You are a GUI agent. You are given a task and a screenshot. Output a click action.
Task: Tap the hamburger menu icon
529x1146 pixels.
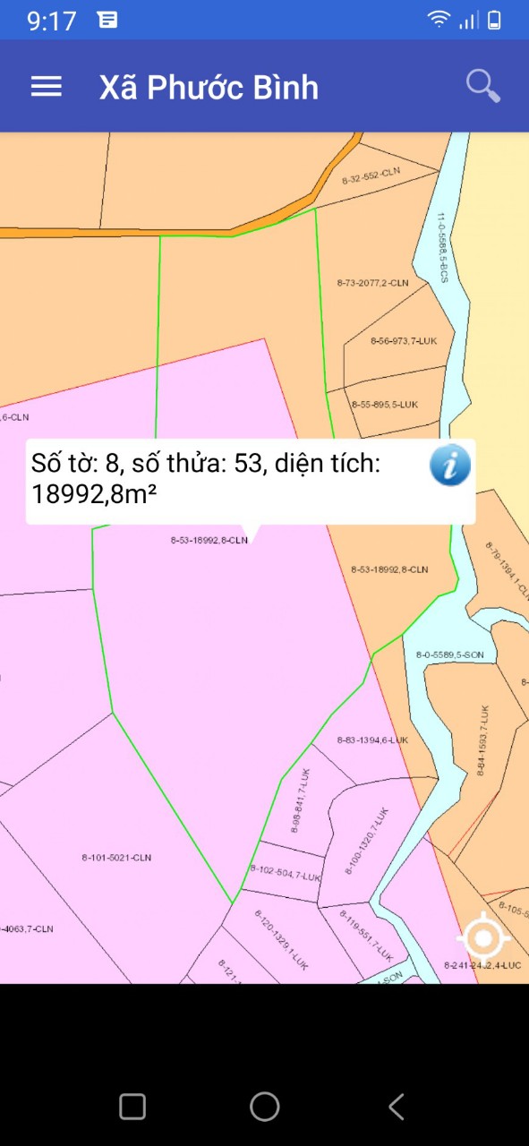[47, 86]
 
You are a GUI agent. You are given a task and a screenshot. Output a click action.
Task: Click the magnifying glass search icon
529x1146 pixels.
[482, 86]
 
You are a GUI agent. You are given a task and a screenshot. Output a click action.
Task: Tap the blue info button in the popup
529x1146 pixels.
[449, 466]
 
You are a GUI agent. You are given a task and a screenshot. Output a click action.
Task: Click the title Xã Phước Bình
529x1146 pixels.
[209, 88]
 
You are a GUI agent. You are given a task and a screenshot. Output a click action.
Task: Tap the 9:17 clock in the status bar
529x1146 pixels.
[52, 21]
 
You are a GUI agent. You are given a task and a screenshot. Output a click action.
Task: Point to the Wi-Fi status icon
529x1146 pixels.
[439, 20]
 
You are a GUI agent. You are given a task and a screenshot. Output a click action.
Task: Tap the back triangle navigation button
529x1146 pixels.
[397, 1107]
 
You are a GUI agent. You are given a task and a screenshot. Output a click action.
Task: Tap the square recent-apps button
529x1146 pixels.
[132, 1107]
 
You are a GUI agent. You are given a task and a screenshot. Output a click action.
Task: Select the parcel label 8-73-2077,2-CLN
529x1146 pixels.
[372, 283]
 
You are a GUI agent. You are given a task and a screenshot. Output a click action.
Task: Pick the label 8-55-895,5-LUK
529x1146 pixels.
[384, 405]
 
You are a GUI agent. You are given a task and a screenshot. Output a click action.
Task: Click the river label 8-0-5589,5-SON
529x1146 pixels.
[449, 654]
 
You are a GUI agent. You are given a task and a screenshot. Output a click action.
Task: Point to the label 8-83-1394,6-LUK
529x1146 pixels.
[372, 740]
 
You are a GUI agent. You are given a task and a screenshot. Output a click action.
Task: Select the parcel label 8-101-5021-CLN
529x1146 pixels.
[116, 858]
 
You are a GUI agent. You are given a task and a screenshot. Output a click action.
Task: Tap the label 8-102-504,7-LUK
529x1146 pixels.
[286, 873]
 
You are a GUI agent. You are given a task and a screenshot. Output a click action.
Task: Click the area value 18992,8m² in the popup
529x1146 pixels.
[89, 493]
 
